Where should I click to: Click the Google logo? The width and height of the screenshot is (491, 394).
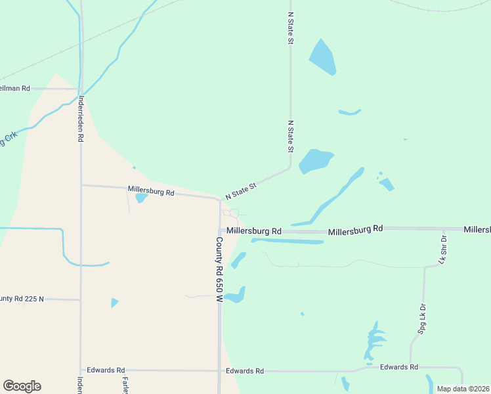tap(22, 386)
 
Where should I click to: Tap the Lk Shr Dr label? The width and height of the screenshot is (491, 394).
tap(442, 250)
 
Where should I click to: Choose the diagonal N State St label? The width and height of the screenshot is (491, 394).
tap(240, 191)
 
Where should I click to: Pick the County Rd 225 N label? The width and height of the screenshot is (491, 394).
tap(22, 299)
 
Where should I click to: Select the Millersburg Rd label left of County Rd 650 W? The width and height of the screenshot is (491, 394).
tap(151, 193)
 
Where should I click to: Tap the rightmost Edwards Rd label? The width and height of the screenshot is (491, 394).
tap(399, 366)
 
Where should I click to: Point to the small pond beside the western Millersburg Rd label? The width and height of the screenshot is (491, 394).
tap(141, 198)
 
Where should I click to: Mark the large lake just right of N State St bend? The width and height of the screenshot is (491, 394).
tap(315, 160)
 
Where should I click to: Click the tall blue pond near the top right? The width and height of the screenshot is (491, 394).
tap(322, 57)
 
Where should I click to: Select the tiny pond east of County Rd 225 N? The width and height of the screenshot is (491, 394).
tap(114, 303)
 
